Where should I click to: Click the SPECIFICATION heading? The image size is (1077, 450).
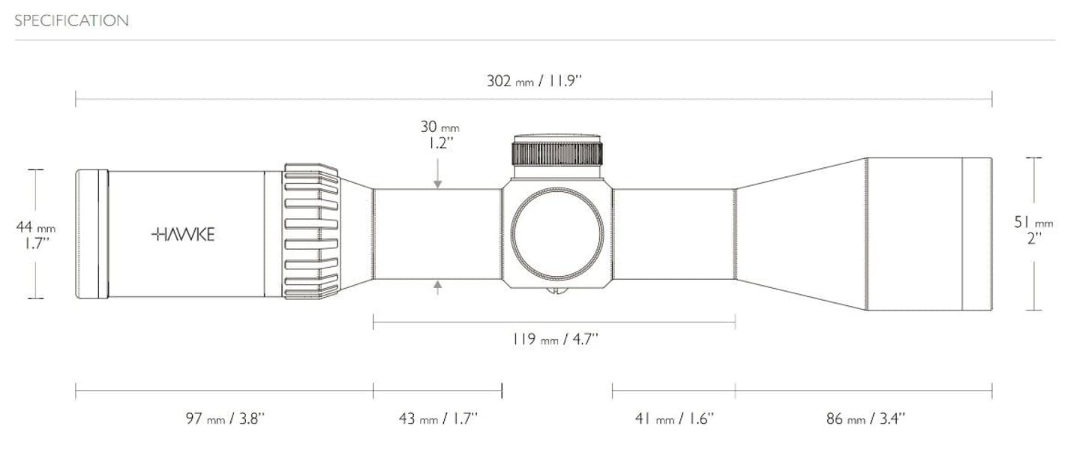(x=71, y=21)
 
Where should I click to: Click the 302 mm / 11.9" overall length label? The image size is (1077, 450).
(x=534, y=81)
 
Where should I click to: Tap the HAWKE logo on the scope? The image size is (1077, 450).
(x=183, y=235)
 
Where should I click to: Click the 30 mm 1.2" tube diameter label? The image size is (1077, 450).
(x=439, y=135)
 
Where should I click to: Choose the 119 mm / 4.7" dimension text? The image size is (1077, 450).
(x=555, y=340)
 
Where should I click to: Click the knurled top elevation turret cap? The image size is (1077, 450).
(x=556, y=153)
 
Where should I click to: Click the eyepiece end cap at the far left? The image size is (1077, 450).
(x=91, y=234)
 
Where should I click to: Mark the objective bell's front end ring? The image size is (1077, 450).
(x=976, y=234)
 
